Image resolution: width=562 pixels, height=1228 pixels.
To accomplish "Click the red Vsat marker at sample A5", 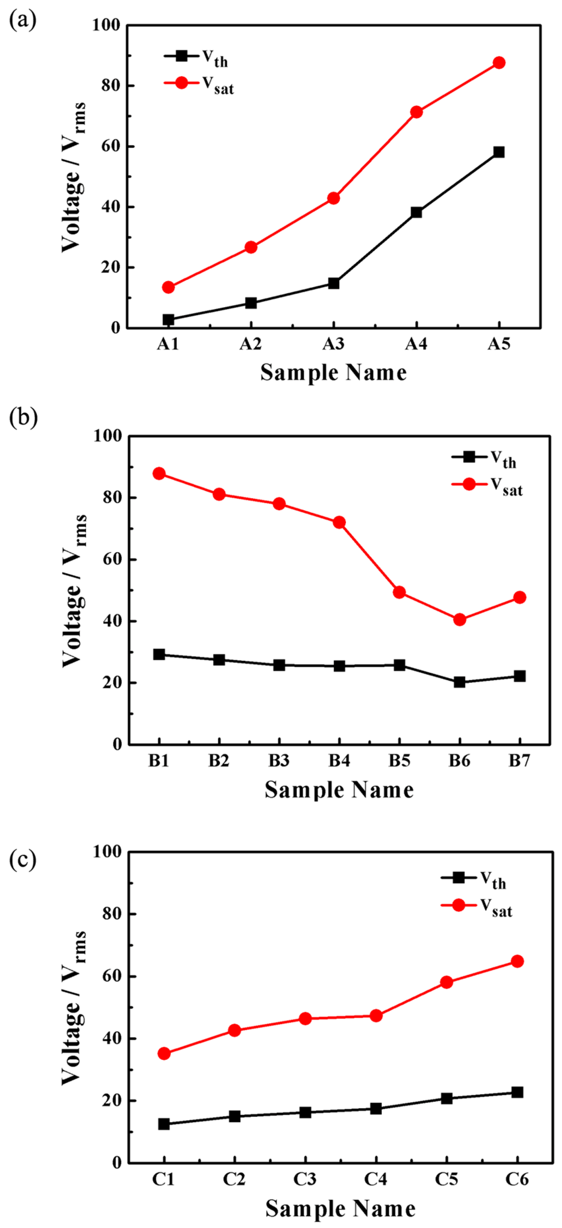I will click(499, 63).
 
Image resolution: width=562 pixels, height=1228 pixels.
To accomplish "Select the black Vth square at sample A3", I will click(333, 283).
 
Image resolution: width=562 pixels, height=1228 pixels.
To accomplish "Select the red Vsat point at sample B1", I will click(159, 473).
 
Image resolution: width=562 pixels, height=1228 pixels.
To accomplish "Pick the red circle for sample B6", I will click(460, 620).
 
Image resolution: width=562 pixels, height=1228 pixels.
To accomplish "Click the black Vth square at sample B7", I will click(520, 676).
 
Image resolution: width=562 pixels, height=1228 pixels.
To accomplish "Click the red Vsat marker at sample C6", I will click(517, 961).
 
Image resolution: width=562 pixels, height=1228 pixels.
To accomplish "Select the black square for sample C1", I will click(164, 1124).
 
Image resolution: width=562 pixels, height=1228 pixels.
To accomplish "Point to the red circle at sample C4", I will click(376, 1016).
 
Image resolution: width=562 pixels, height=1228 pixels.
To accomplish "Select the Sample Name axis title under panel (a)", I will click(333, 372).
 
